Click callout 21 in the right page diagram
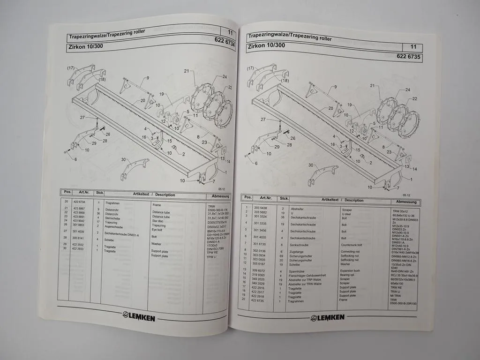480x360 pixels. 372,86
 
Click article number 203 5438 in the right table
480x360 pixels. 260,208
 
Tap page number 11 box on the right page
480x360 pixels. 412,47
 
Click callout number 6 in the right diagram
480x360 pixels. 256,163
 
